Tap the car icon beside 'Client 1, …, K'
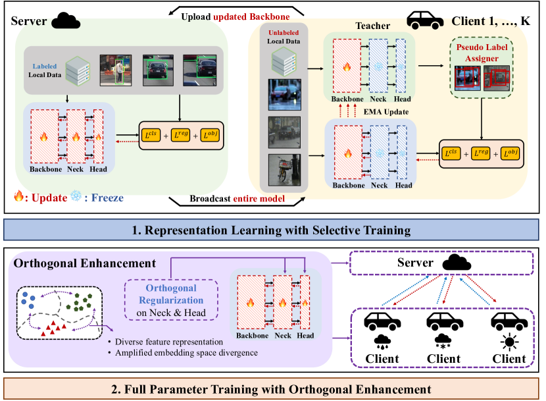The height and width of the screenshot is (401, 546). coord(425,20)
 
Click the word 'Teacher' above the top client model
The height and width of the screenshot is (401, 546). coord(372,26)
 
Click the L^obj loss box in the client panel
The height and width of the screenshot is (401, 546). coord(509,153)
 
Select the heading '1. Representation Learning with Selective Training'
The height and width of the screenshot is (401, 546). coord(273,231)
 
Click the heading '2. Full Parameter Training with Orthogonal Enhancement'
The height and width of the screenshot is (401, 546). coord(273,388)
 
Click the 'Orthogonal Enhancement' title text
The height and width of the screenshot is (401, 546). coord(85,263)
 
